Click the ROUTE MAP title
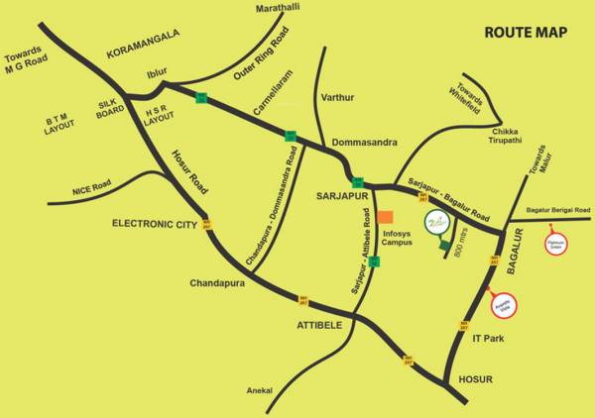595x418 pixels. pos(526,33)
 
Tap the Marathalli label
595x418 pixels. pos(278,8)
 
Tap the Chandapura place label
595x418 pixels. pos(215,282)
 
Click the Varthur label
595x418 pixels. pos(337,98)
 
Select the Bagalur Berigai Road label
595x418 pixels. pos(558,211)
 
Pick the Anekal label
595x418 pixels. pos(258,391)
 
